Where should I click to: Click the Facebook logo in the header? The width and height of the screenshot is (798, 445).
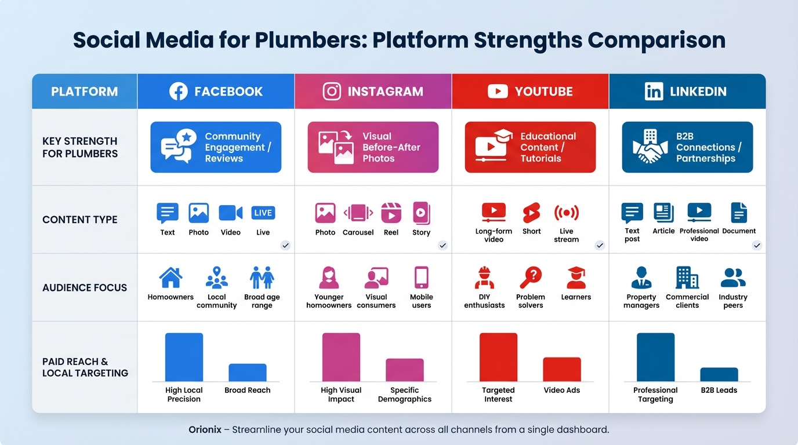pos(178,91)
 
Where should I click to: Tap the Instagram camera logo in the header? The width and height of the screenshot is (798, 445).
pos(332,91)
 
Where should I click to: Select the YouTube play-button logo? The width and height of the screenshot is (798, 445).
pos(497,91)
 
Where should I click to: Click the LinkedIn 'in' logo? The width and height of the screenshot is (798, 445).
pos(654,91)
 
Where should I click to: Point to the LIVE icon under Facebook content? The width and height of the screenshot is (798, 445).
pos(263,213)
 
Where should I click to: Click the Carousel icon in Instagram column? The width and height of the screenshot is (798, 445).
pos(358,213)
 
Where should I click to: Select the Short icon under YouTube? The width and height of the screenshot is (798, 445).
pos(531,213)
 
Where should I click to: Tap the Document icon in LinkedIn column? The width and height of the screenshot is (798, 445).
pos(739,213)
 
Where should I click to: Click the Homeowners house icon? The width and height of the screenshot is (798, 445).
pos(171,278)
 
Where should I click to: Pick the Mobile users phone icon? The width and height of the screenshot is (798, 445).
pos(421,278)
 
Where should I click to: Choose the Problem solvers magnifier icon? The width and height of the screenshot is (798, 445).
pos(530,278)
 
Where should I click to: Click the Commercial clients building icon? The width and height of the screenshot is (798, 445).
pos(687,278)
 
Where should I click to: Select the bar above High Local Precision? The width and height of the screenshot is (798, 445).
pos(184,357)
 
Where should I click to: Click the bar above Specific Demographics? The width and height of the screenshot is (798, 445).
pos(404,370)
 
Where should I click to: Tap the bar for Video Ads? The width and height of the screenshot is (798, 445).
pos(561,369)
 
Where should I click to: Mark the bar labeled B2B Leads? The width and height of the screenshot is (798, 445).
pos(719,374)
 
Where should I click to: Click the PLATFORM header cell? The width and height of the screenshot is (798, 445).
pos(84,92)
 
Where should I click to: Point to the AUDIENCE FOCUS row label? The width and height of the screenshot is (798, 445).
pos(85,287)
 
